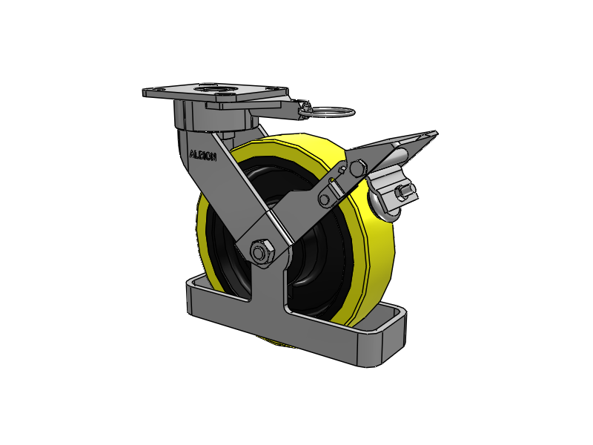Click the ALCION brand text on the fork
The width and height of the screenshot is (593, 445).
(x=202, y=155)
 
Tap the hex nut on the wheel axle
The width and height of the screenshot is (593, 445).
(x=260, y=251)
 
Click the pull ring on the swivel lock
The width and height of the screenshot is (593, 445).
(x=331, y=112)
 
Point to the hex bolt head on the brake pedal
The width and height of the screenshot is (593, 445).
(x=357, y=168)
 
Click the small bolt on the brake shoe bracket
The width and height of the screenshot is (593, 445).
(x=402, y=193)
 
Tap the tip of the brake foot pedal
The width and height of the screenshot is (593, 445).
(x=436, y=133)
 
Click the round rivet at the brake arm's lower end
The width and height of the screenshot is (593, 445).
(x=325, y=200)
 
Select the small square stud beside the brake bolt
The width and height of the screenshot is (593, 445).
(x=342, y=168)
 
